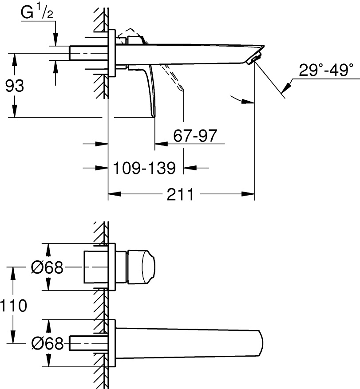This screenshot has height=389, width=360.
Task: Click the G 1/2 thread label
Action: (37, 13)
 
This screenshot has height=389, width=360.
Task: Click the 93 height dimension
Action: (15, 86)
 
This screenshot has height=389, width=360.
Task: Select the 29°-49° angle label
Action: (326, 70)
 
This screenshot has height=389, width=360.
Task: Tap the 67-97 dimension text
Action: (195, 135)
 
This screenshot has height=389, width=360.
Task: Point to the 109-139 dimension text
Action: (144, 168)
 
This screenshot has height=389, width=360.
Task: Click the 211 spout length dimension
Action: (180, 194)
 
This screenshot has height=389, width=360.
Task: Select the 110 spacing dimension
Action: (13, 306)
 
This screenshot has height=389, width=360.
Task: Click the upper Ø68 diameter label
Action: (47, 267)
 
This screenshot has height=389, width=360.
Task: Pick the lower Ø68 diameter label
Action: (47, 343)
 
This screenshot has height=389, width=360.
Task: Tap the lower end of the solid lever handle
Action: (154, 115)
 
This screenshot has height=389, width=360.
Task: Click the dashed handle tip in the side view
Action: (182, 90)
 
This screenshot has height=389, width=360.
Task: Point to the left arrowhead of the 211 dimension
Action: (115, 194)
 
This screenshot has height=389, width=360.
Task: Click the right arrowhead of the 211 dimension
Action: (248, 194)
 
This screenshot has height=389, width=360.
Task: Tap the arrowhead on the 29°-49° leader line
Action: (287, 87)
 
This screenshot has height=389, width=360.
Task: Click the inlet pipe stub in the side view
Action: (89, 53)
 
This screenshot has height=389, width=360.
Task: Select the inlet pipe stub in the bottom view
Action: (89, 343)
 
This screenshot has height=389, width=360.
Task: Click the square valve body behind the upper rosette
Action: (96, 267)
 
